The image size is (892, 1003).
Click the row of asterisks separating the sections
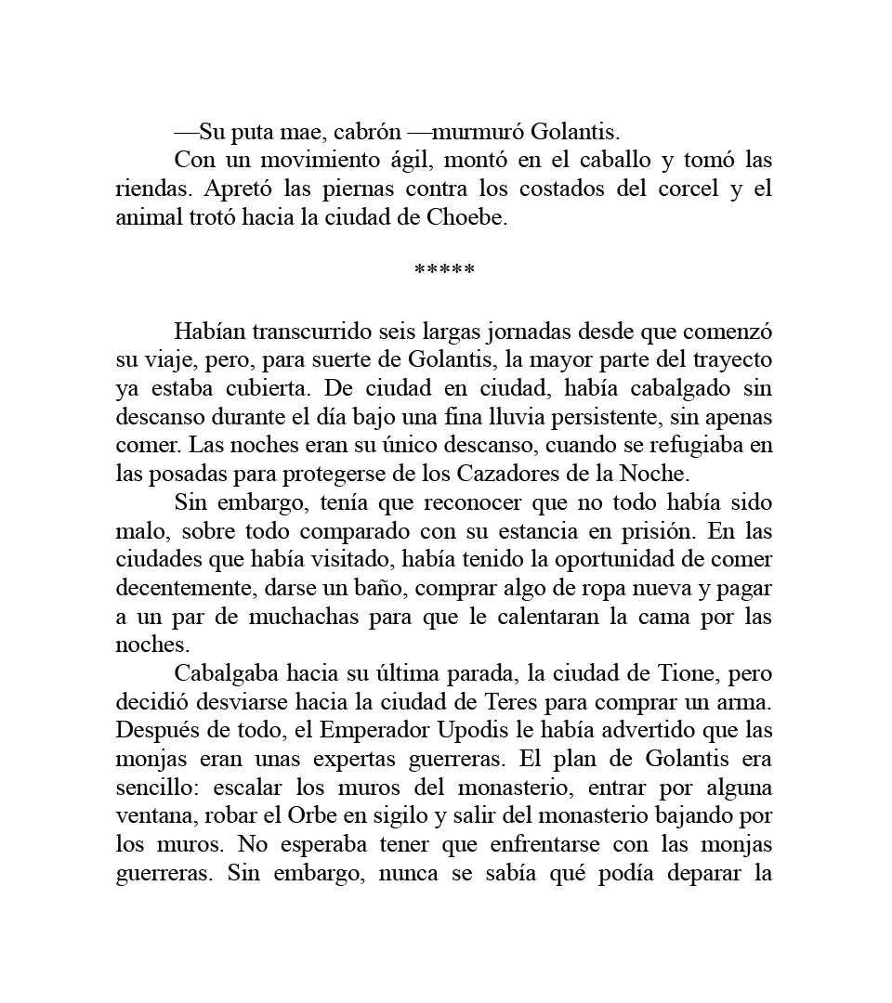click(x=444, y=271)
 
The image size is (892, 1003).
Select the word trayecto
click(x=729, y=359)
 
